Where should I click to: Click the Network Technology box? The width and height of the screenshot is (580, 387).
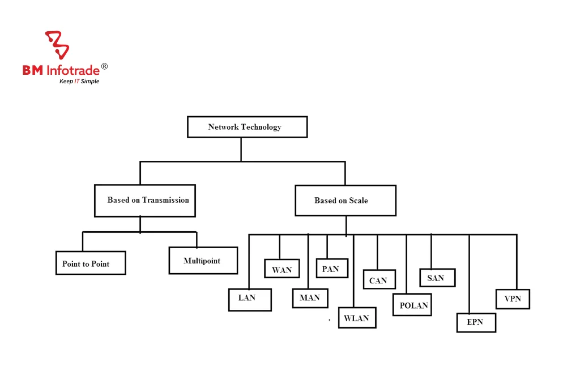(247, 127)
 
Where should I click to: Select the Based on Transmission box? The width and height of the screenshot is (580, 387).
(145, 201)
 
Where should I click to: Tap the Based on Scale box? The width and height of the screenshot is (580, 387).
(346, 201)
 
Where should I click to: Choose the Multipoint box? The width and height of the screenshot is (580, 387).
(203, 261)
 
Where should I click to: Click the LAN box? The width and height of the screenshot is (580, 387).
(250, 300)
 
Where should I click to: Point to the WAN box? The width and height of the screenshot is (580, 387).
(282, 269)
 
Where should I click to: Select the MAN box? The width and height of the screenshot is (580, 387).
(310, 298)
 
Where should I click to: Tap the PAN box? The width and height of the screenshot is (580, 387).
(331, 269)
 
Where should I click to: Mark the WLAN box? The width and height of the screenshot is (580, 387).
(357, 318)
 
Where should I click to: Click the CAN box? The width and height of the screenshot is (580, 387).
(379, 280)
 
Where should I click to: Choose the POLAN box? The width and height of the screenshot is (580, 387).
(412, 305)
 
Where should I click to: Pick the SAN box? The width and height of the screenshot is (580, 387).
(437, 278)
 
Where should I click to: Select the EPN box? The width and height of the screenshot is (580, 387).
(476, 322)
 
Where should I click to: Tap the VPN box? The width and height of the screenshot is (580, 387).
(513, 299)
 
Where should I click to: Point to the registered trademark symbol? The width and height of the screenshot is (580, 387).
(104, 67)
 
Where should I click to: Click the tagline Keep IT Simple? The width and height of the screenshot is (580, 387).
(79, 82)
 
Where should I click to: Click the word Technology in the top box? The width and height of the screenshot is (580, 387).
(260, 127)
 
